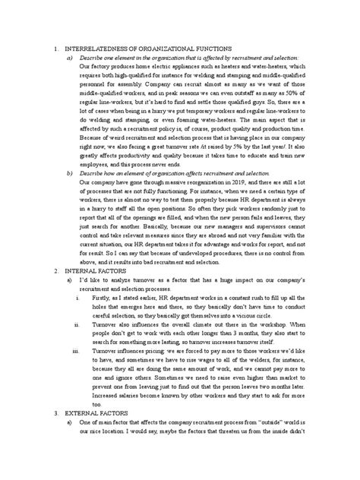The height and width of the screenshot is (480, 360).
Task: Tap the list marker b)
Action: point(71,194)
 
